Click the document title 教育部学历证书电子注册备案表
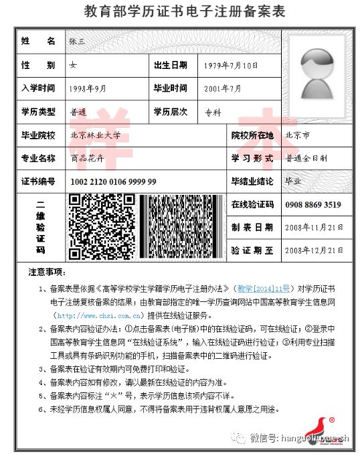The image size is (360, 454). click(180, 11)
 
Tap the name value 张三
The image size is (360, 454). click(78, 42)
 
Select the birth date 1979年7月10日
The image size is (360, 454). click(230, 66)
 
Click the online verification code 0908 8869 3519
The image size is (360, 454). click(312, 205)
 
